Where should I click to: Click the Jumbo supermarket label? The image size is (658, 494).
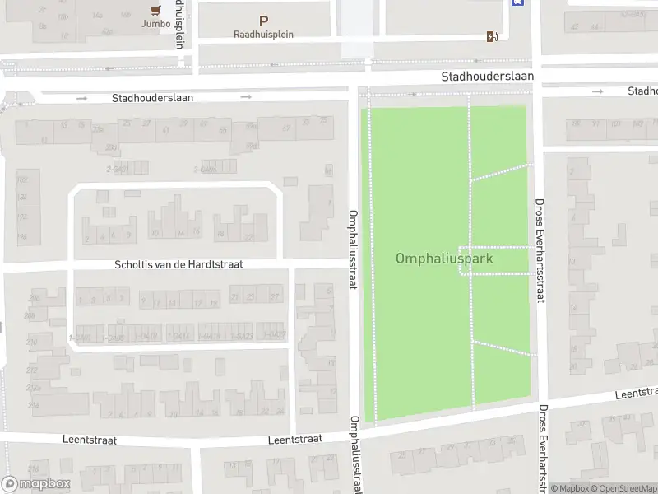pos(155,23)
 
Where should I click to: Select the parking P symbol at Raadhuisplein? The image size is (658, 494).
pos(263,21)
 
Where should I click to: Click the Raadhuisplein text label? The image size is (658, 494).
pos(263,35)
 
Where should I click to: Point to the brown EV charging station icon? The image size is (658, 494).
pos(492,35)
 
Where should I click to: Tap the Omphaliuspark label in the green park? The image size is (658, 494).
pos(444,259)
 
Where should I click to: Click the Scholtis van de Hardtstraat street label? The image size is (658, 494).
pos(178,264)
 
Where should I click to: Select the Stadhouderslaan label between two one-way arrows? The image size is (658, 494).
pos(152,97)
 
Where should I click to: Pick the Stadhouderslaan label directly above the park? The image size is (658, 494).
pos(487,76)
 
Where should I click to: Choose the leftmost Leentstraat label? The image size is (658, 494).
pos(90,440)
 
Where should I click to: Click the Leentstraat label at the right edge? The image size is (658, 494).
pos(637,394)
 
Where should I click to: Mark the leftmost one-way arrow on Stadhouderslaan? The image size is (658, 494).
pos(81,98)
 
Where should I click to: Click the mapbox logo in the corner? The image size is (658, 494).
pos(36,484)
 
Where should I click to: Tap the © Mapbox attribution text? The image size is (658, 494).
pos(570,488)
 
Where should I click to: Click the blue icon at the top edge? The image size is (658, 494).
pos(517,2)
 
